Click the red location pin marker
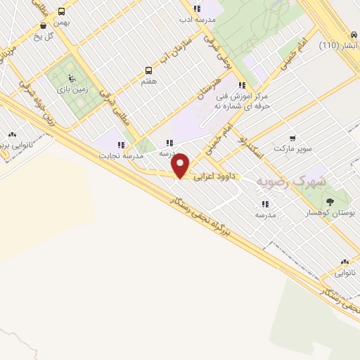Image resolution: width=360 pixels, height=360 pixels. coord(181,166)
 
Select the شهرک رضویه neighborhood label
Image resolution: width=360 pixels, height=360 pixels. coord(291,181)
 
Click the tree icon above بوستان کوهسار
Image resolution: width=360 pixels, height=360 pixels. coord(330,202)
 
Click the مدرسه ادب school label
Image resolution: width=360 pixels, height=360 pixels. coord(195,19)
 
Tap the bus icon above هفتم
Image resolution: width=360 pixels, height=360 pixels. coord(148,70)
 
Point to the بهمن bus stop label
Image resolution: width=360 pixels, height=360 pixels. coord(63,22)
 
